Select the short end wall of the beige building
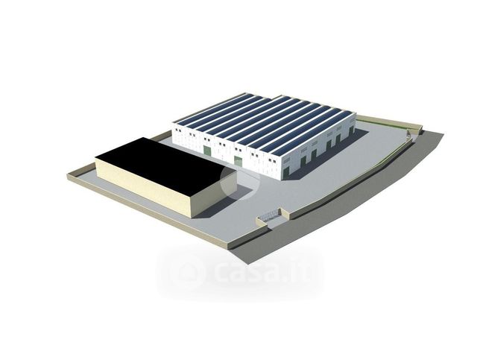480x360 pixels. pos(215,194)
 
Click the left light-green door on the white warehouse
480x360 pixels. pos(207,151)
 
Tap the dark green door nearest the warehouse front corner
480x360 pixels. pos(285,172)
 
